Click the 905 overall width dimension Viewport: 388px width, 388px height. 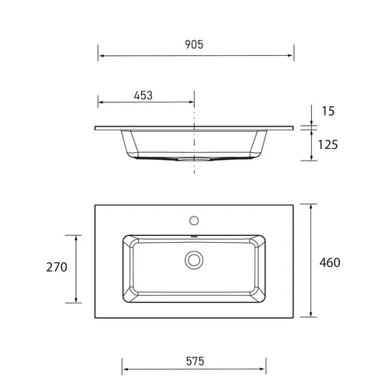point(194,45)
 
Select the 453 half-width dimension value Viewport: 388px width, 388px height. point(143,95)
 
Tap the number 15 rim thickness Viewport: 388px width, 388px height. point(327,111)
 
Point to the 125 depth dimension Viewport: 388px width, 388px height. point(327,144)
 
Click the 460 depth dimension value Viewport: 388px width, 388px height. point(329,262)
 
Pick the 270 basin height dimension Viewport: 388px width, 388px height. point(57,267)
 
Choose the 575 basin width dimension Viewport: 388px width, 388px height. point(194,361)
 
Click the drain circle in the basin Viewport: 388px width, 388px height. point(194,259)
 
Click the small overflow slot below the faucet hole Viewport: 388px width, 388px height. point(194,234)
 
